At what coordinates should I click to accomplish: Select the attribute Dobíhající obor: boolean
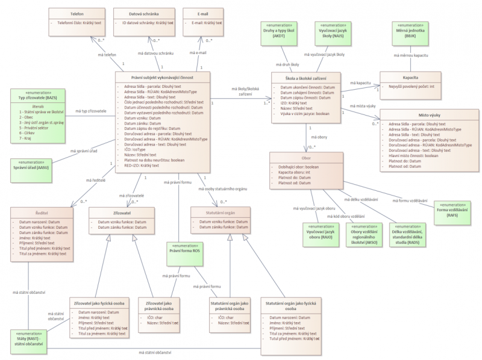click(x=299, y=166)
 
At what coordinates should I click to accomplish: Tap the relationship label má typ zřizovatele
click(x=90, y=111)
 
